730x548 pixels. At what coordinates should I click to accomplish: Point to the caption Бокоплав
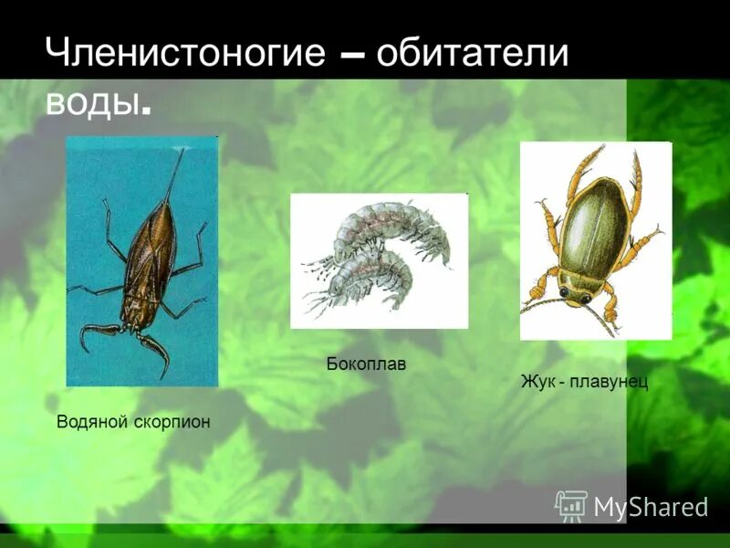click(x=366, y=364)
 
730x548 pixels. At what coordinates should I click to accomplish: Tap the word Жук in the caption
click(x=537, y=381)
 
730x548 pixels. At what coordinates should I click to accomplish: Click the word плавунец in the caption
click(x=609, y=381)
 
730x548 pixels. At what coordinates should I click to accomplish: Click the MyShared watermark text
click(x=651, y=505)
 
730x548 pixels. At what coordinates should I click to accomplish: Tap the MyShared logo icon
click(x=571, y=505)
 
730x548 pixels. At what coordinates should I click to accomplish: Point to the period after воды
click(x=146, y=111)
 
